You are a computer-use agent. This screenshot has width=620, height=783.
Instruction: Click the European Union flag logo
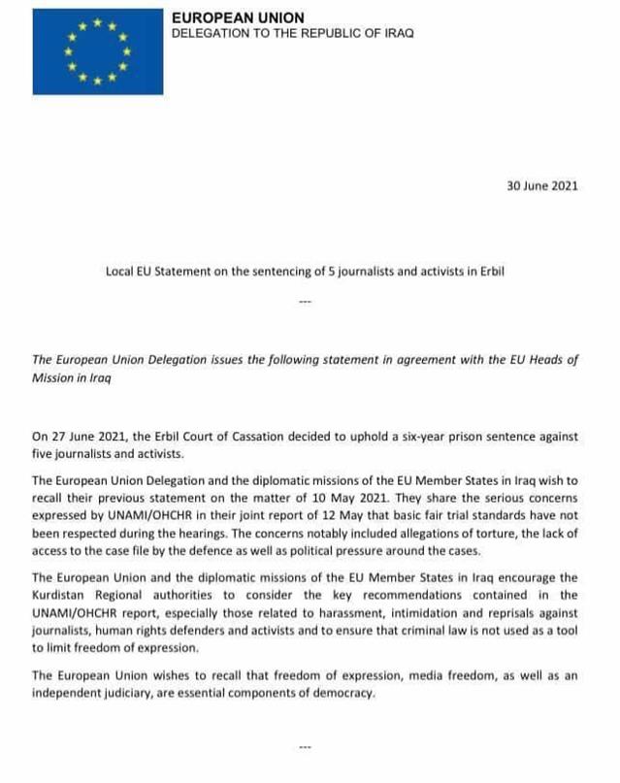coord(93,52)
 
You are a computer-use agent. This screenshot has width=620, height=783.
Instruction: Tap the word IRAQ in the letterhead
coord(397,33)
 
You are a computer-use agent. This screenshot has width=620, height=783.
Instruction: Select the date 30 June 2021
coord(542,186)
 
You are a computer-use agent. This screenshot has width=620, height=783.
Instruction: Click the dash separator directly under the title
coord(305,302)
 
